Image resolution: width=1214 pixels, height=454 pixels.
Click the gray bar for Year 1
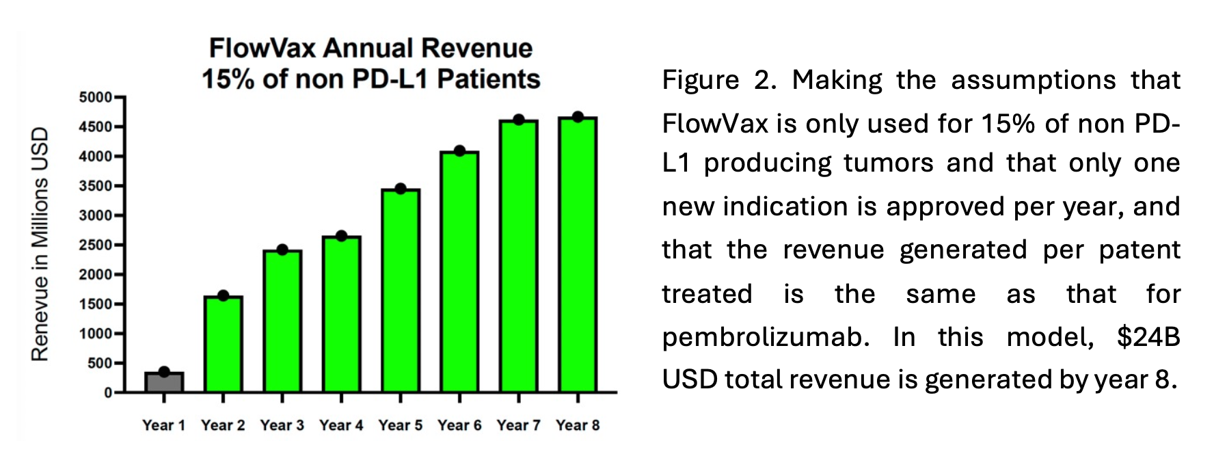click(164, 382)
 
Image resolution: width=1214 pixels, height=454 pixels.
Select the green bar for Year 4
click(341, 315)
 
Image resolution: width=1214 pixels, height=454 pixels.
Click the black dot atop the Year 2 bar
click(223, 295)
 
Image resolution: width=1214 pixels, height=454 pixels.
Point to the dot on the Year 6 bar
click(459, 150)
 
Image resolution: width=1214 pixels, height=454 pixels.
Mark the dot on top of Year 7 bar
click(518, 120)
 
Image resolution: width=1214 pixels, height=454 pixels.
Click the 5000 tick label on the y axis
click(95, 98)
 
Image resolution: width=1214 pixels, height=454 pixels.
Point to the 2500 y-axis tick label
click(95, 245)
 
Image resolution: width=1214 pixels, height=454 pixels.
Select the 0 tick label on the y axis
click(108, 393)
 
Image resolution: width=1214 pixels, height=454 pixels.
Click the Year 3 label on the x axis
click(282, 425)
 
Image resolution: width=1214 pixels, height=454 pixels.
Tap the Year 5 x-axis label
click(400, 425)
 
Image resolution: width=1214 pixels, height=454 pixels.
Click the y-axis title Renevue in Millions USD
click(40, 244)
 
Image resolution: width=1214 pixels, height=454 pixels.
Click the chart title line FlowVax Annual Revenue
click(370, 49)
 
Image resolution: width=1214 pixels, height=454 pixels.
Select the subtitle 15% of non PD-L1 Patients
click(370, 79)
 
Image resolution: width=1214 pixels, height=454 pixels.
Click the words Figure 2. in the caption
click(718, 81)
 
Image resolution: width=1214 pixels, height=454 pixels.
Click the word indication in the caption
click(799, 206)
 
